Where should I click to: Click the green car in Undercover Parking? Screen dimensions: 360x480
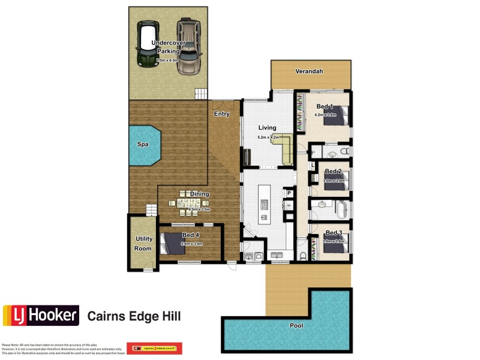(x=147, y=45)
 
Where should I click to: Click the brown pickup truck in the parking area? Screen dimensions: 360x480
(x=188, y=46)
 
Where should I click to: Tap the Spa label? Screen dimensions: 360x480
(x=142, y=145)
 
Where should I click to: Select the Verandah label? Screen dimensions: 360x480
(x=309, y=71)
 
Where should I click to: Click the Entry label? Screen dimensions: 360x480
(x=222, y=114)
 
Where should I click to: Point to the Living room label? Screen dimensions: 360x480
(x=267, y=128)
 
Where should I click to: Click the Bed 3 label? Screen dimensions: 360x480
(x=334, y=233)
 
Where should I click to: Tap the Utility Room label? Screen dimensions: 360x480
(x=144, y=243)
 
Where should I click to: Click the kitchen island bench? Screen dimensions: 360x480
(x=263, y=204)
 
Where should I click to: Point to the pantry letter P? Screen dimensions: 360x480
(x=289, y=193)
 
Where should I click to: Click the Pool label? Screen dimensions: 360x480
(x=297, y=326)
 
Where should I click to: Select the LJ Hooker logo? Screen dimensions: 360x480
(x=41, y=315)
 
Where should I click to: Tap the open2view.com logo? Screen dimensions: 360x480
(x=154, y=349)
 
